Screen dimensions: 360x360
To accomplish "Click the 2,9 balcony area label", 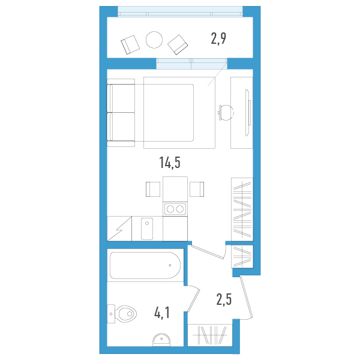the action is [x=218, y=38].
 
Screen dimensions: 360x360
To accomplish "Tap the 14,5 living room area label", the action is [x=170, y=163].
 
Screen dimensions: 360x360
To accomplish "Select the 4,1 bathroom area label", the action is [x=162, y=313].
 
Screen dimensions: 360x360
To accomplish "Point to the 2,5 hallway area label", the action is [x=224, y=299].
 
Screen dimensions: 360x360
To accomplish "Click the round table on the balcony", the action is [x=154, y=40].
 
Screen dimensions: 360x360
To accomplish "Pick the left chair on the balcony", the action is [x=130, y=44].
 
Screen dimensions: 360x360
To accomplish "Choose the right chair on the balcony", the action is [x=178, y=45].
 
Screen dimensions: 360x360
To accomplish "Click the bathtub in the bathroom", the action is [x=145, y=265].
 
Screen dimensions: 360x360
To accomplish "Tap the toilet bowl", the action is [x=122, y=314].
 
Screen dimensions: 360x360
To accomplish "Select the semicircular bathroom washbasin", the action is [x=161, y=340].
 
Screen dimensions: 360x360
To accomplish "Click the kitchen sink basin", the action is [x=147, y=229].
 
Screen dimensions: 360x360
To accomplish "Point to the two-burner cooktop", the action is [x=175, y=209].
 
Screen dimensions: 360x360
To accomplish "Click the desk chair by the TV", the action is [x=226, y=113].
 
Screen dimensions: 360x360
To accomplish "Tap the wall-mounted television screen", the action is [x=248, y=113].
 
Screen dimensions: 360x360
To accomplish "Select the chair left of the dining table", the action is [x=153, y=189].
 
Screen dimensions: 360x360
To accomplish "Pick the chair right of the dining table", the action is [x=197, y=189].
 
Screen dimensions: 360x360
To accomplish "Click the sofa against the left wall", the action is [x=121, y=113].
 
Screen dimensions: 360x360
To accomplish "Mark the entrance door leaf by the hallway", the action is [x=247, y=298].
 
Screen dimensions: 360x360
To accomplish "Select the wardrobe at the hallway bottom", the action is [x=210, y=335].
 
